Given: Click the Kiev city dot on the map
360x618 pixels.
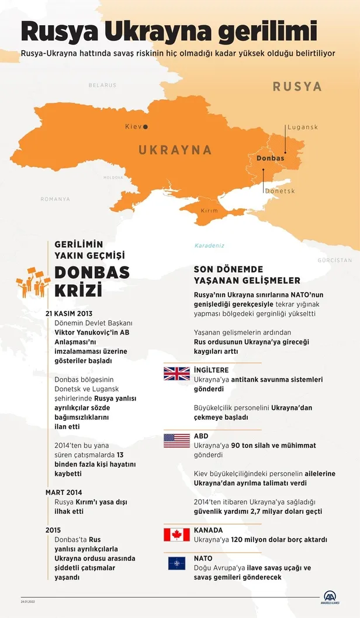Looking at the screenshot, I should (146, 126).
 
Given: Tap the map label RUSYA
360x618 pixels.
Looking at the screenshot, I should (297, 87).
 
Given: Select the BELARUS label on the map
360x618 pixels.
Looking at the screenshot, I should (102, 85).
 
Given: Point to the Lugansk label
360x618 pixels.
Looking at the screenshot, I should (302, 127).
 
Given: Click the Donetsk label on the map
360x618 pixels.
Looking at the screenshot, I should (280, 191).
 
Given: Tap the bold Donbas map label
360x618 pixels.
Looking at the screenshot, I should (270, 158).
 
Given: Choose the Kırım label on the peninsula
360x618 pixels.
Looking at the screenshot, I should (209, 210).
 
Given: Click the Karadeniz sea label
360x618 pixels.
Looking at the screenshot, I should (209, 246).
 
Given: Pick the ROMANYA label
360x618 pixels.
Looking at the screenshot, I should (55, 199).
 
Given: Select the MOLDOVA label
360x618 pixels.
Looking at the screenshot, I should (113, 177).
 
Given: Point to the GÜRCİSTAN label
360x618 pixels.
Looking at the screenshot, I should (335, 260).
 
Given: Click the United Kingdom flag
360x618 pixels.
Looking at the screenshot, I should (176, 374).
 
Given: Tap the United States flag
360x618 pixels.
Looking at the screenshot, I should (176, 440).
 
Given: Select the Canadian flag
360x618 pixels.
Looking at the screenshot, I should (176, 534).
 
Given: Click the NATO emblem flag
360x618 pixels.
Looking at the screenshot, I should (176, 563).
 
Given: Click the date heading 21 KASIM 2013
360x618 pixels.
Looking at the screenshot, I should (68, 313).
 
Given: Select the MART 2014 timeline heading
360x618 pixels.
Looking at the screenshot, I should (65, 492).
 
